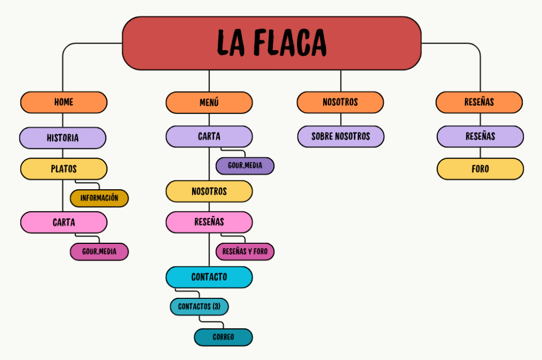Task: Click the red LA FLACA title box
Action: tap(271, 43)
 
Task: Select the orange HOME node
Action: tap(64, 102)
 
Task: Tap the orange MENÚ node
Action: tap(209, 103)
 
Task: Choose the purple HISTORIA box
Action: tap(63, 138)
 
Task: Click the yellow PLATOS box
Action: tap(64, 169)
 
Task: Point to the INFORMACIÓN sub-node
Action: tap(99, 199)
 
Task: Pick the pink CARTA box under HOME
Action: tap(64, 223)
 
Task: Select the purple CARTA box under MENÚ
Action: tap(209, 136)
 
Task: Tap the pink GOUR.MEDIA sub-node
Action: tap(99, 252)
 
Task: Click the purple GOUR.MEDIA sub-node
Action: tap(245, 166)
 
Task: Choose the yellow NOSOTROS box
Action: tap(209, 191)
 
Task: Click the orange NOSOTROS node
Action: tap(340, 103)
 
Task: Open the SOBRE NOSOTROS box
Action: tap(341, 136)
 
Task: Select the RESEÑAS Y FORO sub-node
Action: tap(245, 252)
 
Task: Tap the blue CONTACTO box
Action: tap(209, 277)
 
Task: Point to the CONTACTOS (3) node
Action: tap(199, 307)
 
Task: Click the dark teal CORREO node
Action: tap(223, 337)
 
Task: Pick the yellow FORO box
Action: tap(480, 169)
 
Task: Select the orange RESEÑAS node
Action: tap(479, 103)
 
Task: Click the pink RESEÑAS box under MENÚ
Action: tap(209, 222)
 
